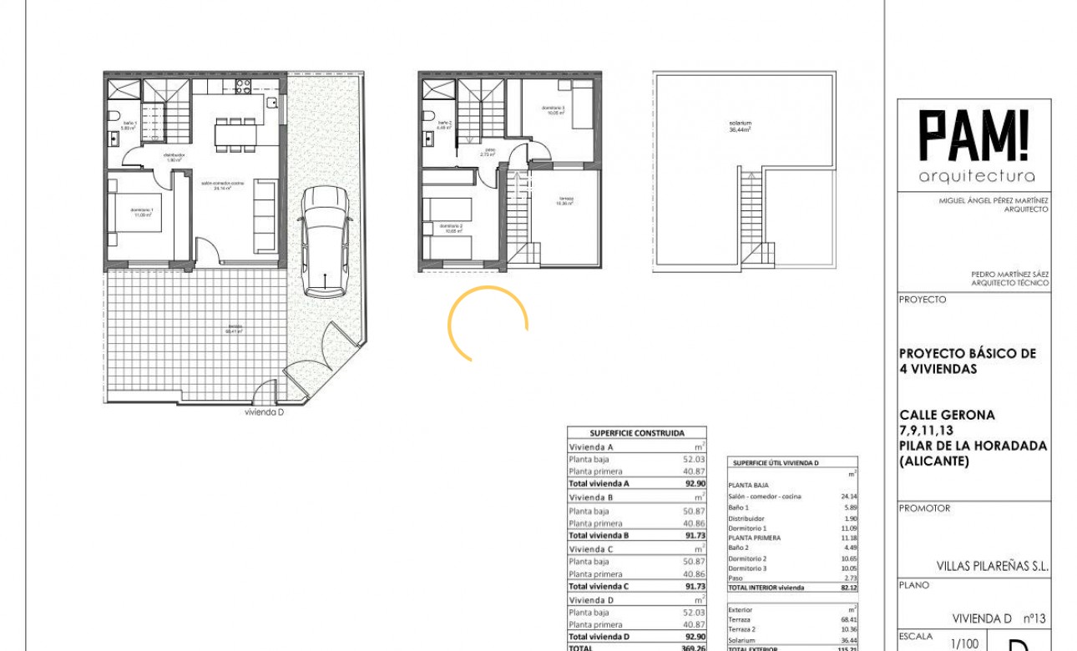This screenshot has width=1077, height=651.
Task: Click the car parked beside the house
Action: [x=325, y=241]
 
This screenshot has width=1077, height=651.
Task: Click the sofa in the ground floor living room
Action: [x=265, y=215]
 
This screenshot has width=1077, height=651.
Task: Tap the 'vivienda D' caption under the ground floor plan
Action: [x=265, y=412]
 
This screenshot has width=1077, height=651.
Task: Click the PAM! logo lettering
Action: [x=974, y=136]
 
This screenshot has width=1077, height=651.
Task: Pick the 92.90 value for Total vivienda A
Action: [x=694, y=484]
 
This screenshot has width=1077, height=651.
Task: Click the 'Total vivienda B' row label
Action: [x=599, y=535]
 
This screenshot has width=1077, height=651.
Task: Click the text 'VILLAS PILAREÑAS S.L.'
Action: [x=999, y=566]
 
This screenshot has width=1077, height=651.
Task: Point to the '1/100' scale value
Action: [x=965, y=643]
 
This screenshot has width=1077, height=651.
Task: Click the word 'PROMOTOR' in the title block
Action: [x=924, y=508]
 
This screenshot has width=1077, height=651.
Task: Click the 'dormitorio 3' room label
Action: [x=553, y=109]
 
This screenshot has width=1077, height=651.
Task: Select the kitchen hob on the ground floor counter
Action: [x=243, y=87]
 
